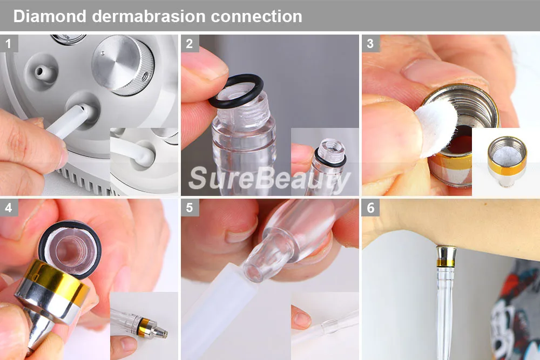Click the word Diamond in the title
(x=50, y=16)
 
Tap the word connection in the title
(x=256, y=17)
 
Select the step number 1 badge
(x=9, y=43)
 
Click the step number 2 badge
(x=190, y=43)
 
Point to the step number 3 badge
(x=370, y=43)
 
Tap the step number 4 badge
(x=9, y=208)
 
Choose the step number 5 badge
(x=190, y=208)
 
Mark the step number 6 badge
(x=370, y=208)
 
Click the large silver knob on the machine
(x=123, y=65)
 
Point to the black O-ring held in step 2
(x=235, y=91)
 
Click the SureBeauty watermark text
(x=269, y=179)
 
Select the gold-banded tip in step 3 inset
(x=507, y=160)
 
